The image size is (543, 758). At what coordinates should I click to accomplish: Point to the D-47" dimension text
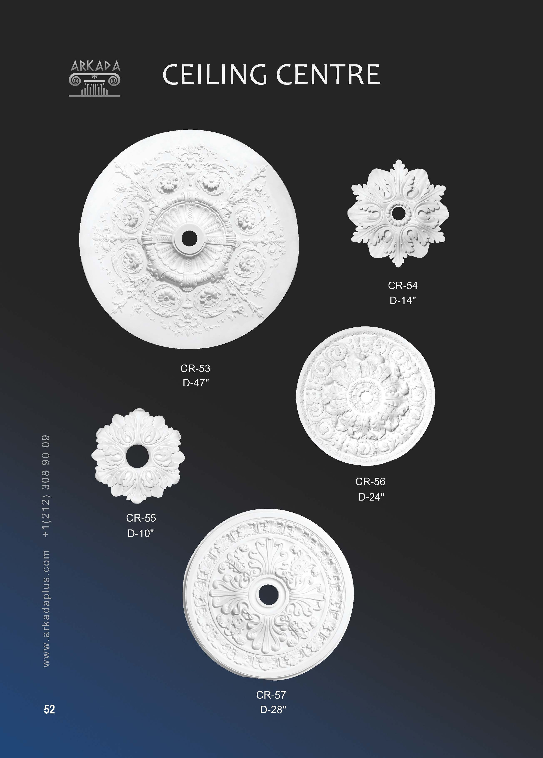(196, 383)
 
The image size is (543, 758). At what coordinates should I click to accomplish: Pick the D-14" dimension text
(403, 300)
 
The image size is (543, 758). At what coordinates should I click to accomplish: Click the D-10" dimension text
(141, 533)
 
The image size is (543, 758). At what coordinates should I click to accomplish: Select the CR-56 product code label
(370, 482)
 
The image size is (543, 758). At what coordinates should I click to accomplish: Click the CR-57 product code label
(271, 695)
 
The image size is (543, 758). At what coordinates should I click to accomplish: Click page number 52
(49, 709)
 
